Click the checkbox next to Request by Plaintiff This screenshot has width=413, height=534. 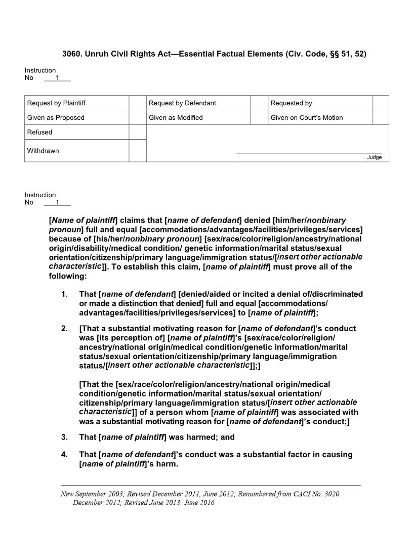137,103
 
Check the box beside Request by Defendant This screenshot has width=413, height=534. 259,103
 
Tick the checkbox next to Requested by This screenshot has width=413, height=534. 381,103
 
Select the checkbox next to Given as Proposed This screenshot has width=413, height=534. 137,118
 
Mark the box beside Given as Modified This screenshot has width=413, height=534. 259,118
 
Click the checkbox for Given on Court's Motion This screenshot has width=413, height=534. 381,118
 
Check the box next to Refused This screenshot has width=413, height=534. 137,132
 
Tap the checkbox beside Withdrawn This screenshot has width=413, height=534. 137,151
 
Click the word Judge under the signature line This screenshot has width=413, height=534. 375,157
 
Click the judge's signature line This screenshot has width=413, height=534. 309,153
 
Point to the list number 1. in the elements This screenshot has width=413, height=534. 64,294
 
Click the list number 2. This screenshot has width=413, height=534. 64,329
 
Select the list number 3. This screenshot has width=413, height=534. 64,437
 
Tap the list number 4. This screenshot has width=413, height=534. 64,455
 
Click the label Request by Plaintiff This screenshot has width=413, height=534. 56,103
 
